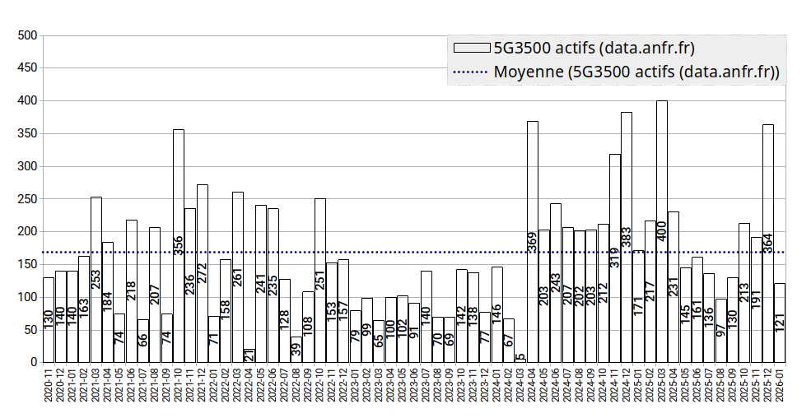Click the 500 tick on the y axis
(x=27, y=35)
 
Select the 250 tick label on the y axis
(x=27, y=199)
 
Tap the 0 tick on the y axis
(x=34, y=362)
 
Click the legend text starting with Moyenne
(x=636, y=72)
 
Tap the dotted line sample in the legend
(x=469, y=72)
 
